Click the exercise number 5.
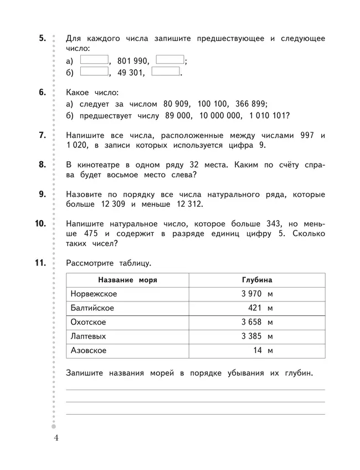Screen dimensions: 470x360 tap(42, 38)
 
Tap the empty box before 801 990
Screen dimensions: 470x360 tap(95, 60)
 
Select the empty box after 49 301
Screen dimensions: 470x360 tap(166, 71)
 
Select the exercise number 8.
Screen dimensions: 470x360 tap(42, 165)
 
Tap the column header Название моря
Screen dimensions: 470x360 tap(127, 280)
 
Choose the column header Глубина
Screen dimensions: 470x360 tap(256, 280)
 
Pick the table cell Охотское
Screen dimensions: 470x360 tap(89, 322)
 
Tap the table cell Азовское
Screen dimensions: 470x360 tap(88, 350)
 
